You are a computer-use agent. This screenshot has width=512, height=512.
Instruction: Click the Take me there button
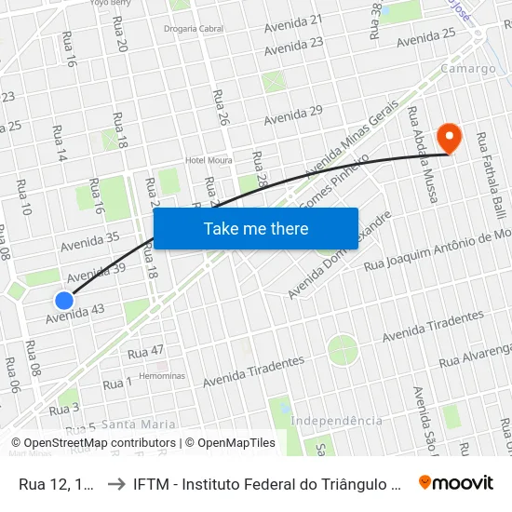[256, 228]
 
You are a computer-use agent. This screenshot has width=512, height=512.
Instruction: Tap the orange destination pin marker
[450, 138]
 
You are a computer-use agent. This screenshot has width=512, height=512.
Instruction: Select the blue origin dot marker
[63, 300]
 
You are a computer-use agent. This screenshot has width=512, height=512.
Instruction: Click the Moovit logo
[456, 482]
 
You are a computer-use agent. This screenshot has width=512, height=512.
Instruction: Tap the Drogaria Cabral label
[195, 28]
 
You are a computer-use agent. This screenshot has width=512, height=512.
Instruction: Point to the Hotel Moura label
[208, 160]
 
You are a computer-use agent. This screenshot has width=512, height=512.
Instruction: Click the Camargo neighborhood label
[469, 69]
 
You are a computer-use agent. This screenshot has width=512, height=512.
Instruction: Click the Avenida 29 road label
[292, 115]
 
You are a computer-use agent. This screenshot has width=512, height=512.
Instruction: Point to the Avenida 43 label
[74, 315]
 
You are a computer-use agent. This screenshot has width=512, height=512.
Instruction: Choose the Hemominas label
[161, 376]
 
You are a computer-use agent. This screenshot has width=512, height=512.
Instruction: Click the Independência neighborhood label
[336, 421]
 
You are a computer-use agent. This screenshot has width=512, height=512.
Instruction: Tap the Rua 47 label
[145, 352]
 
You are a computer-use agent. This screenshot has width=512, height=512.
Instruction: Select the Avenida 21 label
[292, 23]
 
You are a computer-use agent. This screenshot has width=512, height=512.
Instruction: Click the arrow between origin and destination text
[117, 483]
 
